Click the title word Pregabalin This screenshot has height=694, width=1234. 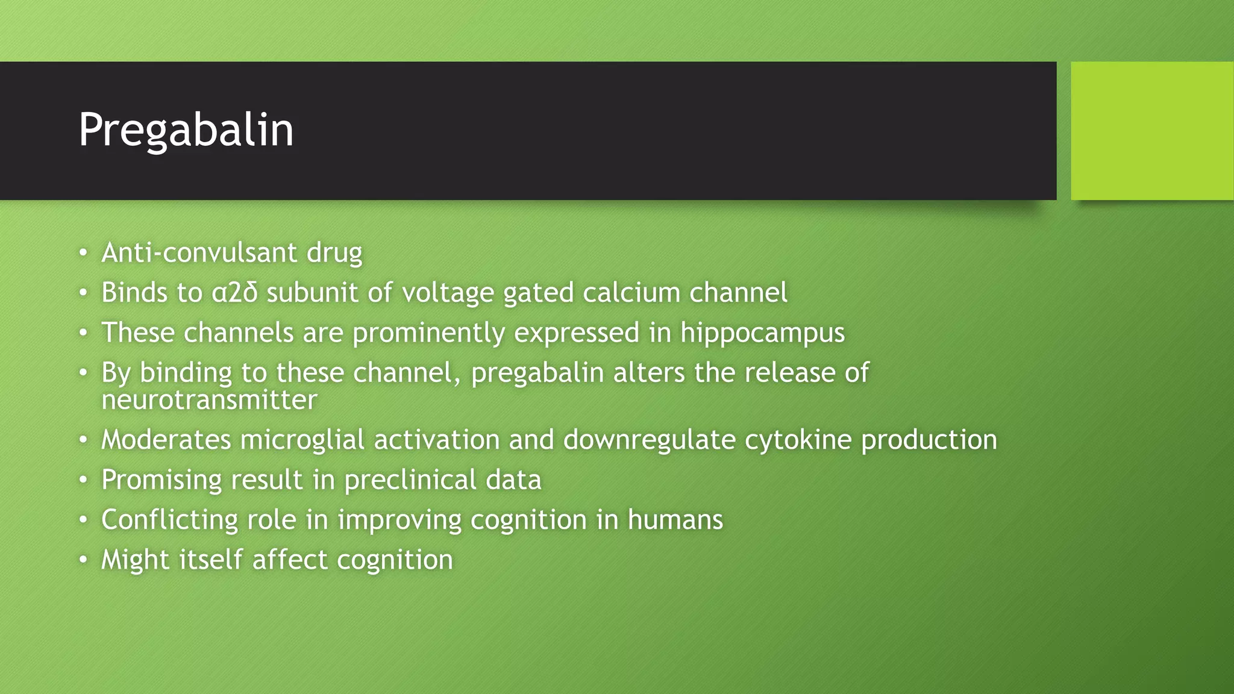[186, 130]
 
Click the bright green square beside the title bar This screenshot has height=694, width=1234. [1152, 130]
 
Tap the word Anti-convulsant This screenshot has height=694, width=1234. [199, 252]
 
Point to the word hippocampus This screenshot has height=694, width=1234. [762, 333]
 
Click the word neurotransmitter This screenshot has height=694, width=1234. [209, 400]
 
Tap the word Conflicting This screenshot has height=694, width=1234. [169, 520]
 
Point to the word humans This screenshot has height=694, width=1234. [675, 520]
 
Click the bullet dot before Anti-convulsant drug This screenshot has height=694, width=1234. [83, 252]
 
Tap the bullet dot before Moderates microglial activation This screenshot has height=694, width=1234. [83, 440]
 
